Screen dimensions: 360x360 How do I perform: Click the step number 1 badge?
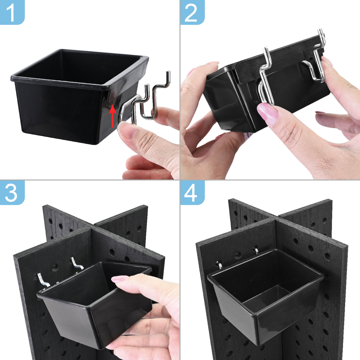[x=12, y=12]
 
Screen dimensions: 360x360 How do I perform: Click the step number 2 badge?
[x=192, y=12]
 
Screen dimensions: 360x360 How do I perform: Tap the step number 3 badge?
[x=12, y=192]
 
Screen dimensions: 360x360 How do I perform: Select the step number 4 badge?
[x=192, y=192]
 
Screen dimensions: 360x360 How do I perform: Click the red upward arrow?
[x=112, y=116]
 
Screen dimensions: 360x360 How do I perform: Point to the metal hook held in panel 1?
[x=144, y=101]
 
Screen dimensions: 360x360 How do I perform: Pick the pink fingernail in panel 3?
[x=119, y=279]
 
